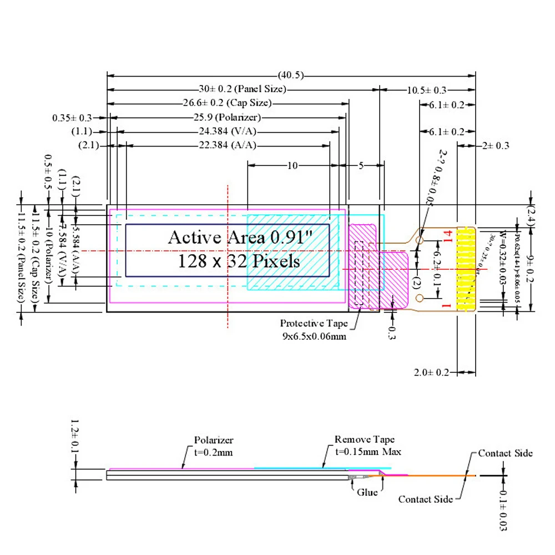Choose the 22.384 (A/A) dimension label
228,146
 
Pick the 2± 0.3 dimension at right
496,146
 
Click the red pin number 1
445,305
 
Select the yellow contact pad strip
466,268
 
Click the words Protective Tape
314,324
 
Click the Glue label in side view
367,492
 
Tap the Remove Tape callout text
365,440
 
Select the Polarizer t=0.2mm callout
214,446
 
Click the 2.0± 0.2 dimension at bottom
432,372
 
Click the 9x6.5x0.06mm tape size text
314,336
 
